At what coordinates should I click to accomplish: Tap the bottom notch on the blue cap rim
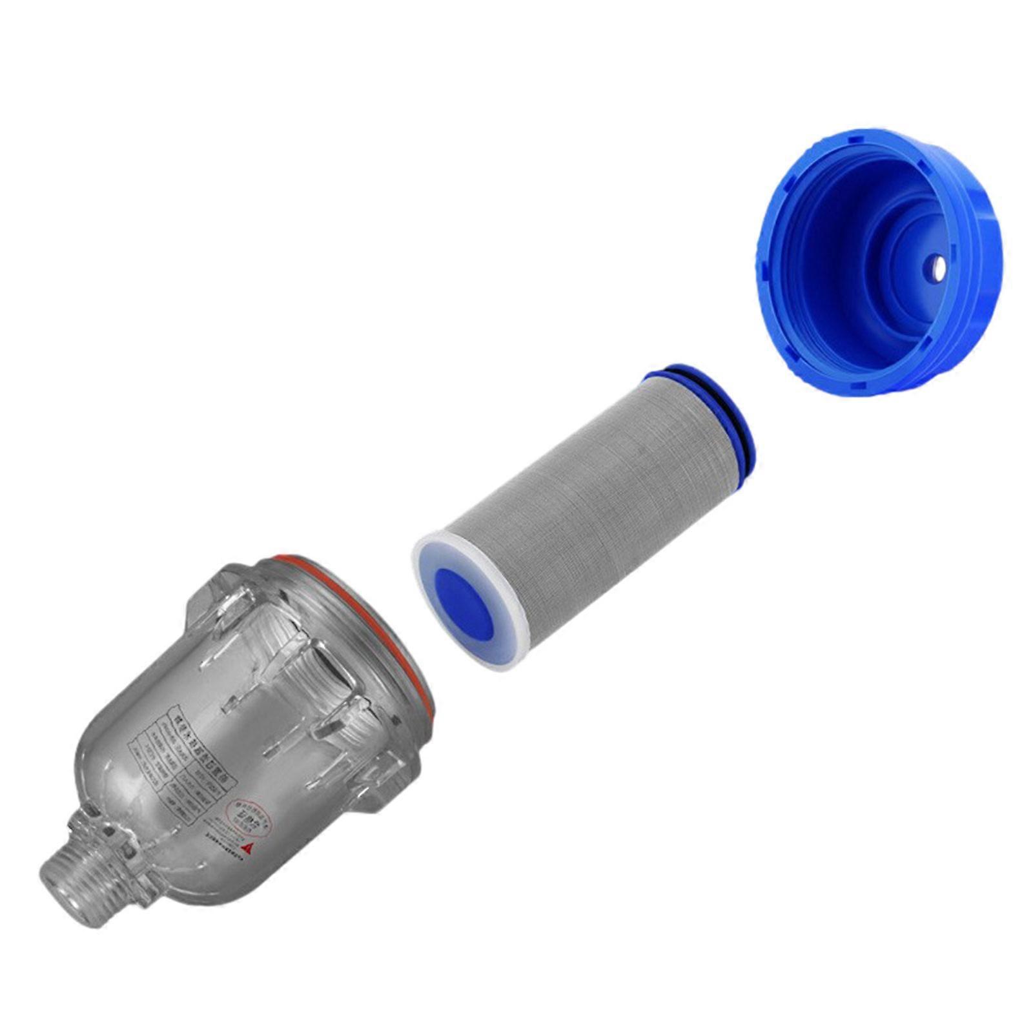point(859,386)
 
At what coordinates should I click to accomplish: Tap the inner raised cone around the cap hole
point(917,258)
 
